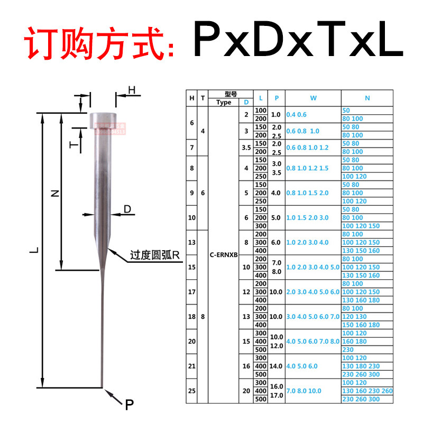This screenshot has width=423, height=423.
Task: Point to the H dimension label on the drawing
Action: [132, 90]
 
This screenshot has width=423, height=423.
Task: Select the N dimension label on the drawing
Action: [54, 194]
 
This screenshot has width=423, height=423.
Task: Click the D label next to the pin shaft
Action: [127, 209]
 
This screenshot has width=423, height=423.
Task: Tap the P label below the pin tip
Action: [129, 405]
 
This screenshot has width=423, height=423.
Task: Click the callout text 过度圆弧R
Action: [155, 256]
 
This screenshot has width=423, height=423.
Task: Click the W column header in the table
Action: [313, 98]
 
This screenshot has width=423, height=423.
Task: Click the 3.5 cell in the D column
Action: [246, 148]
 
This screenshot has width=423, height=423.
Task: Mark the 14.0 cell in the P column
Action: [276, 365]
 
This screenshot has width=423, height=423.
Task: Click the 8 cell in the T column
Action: [203, 317]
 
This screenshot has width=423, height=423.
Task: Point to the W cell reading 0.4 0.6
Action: [296, 114]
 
